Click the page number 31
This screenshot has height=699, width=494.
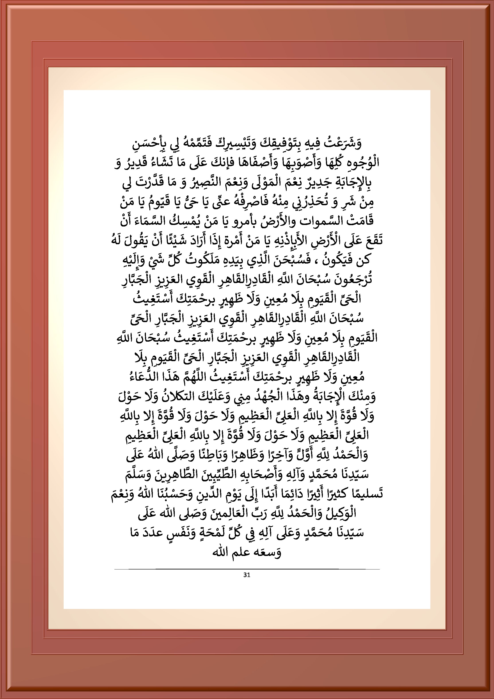coord(247,575)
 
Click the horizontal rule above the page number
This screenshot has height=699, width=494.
coord(247,569)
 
